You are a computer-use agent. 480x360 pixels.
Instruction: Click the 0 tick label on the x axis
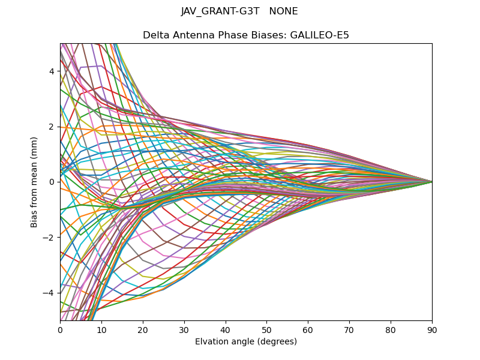click(60, 329)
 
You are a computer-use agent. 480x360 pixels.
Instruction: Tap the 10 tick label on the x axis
click(101, 329)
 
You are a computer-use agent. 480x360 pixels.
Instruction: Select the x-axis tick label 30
click(184, 329)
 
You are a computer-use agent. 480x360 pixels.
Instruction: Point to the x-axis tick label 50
click(266, 329)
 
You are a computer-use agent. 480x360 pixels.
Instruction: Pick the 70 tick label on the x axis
click(349, 329)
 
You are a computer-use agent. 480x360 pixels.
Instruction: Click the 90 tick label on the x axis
click(432, 329)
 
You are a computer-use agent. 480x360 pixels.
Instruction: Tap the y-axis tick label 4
click(52, 71)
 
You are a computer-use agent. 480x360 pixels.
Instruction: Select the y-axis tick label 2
click(52, 127)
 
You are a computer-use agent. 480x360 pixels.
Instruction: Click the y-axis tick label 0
click(52, 182)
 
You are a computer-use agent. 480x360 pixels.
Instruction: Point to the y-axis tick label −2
click(49, 237)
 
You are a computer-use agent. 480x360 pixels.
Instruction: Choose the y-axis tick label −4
click(49, 293)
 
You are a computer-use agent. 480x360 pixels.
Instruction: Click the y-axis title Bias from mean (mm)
click(35, 182)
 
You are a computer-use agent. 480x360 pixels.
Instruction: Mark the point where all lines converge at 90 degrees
click(432, 182)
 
